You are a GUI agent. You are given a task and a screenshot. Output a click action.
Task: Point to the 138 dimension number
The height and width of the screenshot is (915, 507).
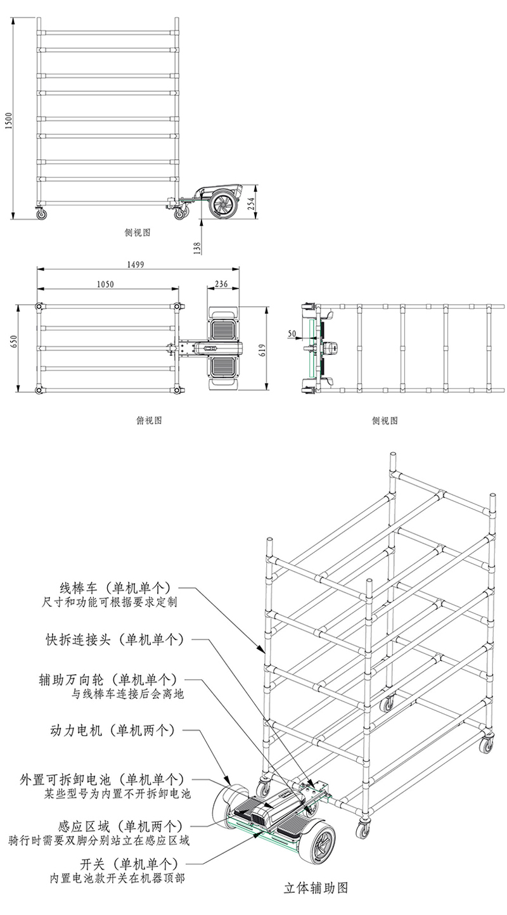point(197,246)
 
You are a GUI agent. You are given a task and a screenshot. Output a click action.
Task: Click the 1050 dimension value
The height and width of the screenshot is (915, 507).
point(105,285)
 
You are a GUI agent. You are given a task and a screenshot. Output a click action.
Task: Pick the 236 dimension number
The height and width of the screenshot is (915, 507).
point(222,285)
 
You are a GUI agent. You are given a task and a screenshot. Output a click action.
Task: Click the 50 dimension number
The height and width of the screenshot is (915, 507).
point(292,332)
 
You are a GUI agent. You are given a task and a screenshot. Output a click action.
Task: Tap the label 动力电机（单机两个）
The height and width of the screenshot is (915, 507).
point(112,730)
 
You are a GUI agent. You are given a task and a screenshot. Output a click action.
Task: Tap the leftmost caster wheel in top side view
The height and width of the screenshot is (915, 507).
point(42,214)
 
